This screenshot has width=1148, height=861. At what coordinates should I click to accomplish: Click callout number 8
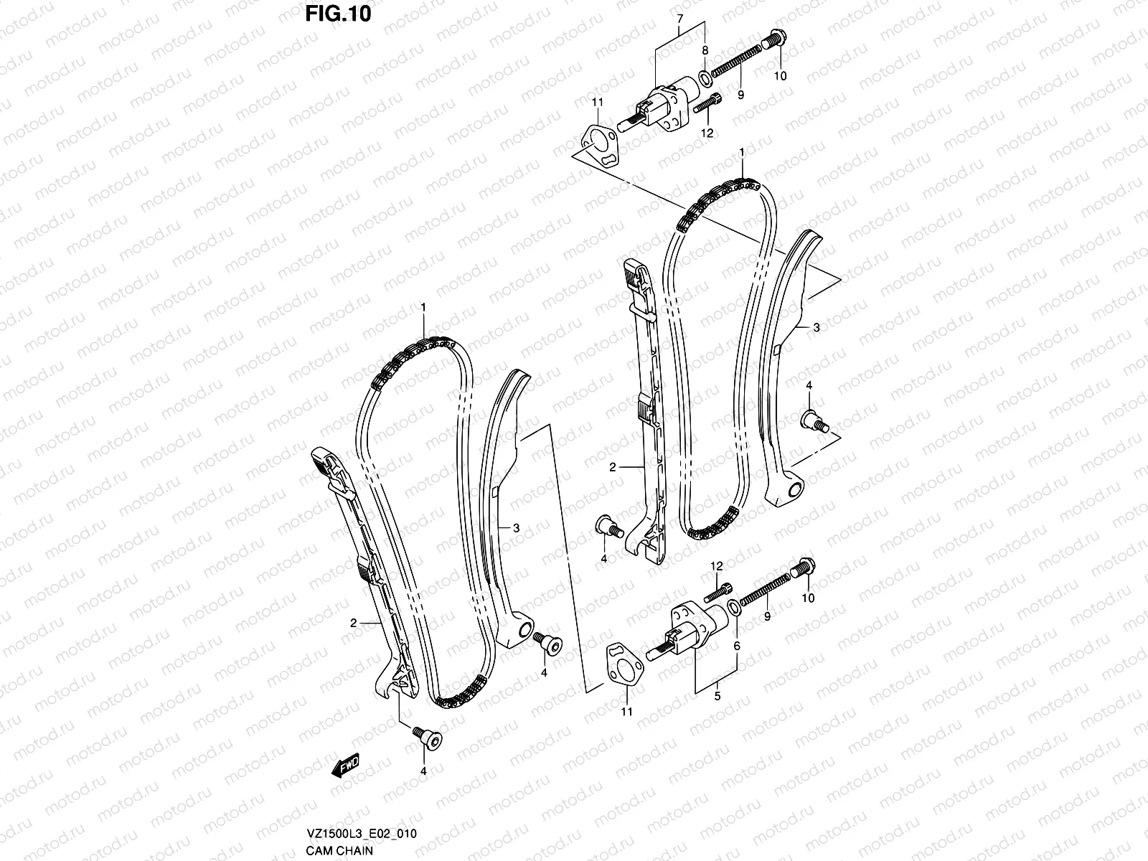click(705, 51)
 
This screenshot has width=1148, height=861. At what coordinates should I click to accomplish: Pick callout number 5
click(717, 695)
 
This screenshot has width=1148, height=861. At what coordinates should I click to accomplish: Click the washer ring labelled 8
click(705, 77)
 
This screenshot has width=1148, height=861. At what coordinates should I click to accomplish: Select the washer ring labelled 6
click(733, 608)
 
